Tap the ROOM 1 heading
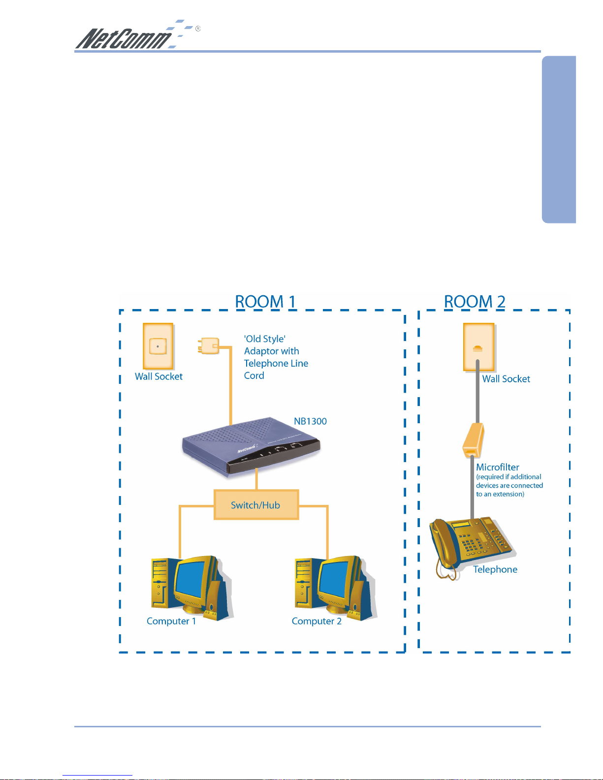(x=265, y=301)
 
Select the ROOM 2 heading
(x=475, y=301)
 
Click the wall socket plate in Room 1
(x=158, y=346)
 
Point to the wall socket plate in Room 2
(x=478, y=347)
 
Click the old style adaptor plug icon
(x=209, y=345)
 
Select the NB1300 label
(x=310, y=421)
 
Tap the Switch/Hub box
(x=256, y=505)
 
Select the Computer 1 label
(x=171, y=621)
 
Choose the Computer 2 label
(x=317, y=621)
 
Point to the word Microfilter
(x=497, y=467)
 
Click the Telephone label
(x=495, y=569)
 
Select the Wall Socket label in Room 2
(x=506, y=379)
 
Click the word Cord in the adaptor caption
(x=254, y=375)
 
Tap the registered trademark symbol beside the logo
(x=198, y=29)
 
